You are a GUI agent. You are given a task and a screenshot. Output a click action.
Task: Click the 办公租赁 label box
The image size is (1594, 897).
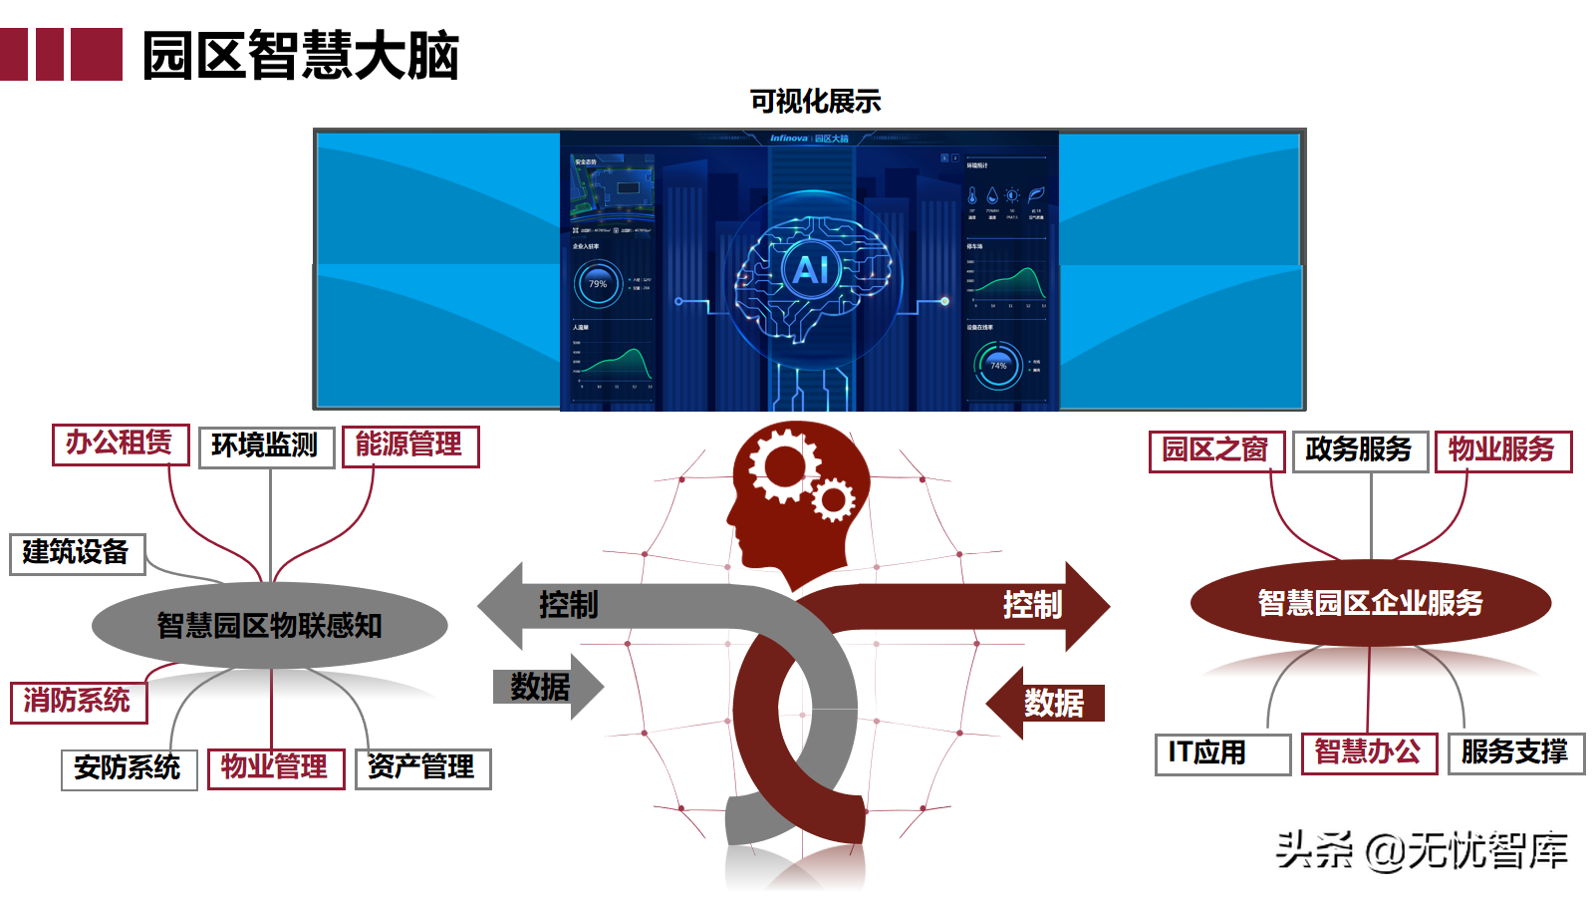click(121, 444)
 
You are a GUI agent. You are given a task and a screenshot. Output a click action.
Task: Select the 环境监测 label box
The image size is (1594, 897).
click(266, 447)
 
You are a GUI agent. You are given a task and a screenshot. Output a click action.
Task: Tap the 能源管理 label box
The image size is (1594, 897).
click(410, 446)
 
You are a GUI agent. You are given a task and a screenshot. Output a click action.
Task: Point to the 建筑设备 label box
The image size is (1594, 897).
click(78, 554)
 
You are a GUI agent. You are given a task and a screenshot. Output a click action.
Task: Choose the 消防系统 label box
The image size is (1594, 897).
click(79, 702)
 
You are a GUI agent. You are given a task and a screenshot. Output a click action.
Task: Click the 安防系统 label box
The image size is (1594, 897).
click(129, 769)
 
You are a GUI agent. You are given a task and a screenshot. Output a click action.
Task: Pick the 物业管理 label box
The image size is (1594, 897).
click(276, 768)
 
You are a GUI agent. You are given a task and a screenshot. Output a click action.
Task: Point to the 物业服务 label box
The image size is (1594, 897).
click(1502, 450)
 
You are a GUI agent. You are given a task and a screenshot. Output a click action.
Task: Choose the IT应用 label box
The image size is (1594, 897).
click(1222, 753)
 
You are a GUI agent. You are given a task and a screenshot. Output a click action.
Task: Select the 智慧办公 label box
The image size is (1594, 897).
click(1369, 753)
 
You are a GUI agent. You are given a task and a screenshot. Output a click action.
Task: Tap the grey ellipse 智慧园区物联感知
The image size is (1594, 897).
click(270, 625)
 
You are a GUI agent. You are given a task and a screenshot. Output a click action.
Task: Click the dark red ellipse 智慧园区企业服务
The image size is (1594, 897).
click(1371, 603)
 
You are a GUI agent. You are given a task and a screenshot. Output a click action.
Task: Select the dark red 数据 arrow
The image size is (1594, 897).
click(1048, 703)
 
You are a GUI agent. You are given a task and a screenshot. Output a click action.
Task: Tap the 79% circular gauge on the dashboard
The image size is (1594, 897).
click(598, 284)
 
